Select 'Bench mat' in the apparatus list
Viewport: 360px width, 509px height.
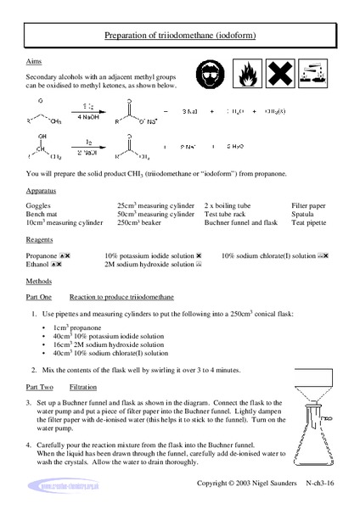pyautogui.click(x=44, y=215)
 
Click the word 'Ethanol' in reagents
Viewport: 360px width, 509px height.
pyautogui.click(x=39, y=264)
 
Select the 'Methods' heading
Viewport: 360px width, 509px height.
pyautogui.click(x=40, y=280)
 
